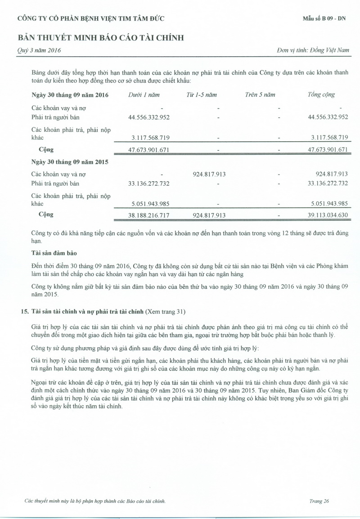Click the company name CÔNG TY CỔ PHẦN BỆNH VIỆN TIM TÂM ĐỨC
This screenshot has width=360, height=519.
coord(90,18)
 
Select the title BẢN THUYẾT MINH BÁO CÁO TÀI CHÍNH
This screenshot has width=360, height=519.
coord(101,38)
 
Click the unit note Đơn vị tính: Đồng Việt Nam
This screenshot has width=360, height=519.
coord(313,50)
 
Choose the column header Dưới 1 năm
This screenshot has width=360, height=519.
coord(144,95)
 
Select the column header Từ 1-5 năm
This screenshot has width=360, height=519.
coord(202,95)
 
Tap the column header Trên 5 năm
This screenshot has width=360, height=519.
coord(260,95)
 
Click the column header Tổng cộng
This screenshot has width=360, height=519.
coord(321,95)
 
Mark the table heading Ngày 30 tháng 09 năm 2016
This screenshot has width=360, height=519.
coord(70,95)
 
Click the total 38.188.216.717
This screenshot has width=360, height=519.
coord(149,215)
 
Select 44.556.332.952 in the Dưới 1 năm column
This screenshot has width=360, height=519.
coord(149,117)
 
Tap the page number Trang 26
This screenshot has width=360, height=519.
coord(319,501)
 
